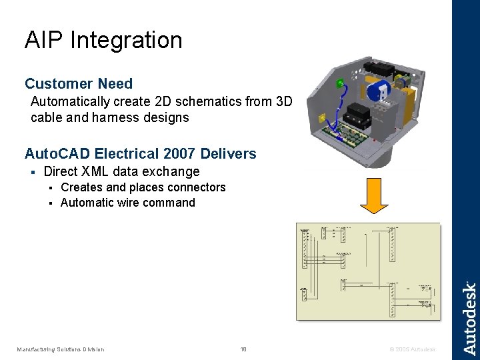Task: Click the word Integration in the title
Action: click(x=125, y=41)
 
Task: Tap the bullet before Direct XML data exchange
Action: click(x=32, y=172)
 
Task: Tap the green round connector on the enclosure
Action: click(x=339, y=84)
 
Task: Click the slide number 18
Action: click(x=243, y=349)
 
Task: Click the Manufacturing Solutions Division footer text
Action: click(x=61, y=349)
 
